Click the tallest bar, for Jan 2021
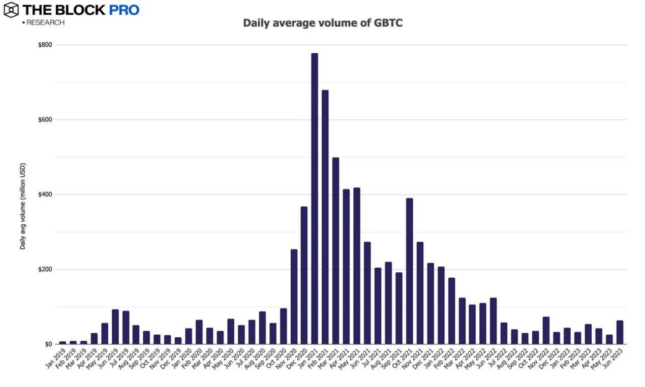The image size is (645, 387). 314,199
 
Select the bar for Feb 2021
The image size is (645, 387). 325,217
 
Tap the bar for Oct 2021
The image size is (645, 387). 409,271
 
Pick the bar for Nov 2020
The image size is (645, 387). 293,297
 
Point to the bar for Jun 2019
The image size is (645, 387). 115,327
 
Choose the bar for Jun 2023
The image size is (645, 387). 619,332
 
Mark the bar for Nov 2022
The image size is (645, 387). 545,330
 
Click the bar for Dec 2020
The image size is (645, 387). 304,275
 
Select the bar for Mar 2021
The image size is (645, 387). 335,251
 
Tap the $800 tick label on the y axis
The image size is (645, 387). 45,45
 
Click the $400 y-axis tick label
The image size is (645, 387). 45,195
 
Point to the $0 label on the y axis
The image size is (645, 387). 49,344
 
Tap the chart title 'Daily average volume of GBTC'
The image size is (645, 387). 322,23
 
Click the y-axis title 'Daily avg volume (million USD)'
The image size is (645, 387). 23,206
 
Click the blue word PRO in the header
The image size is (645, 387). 124,10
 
